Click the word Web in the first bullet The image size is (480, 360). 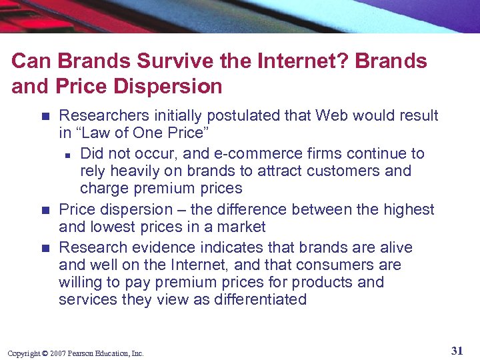point(333,116)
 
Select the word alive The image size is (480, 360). point(393,248)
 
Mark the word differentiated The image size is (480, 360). point(261,300)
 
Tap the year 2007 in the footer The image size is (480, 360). point(58,353)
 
